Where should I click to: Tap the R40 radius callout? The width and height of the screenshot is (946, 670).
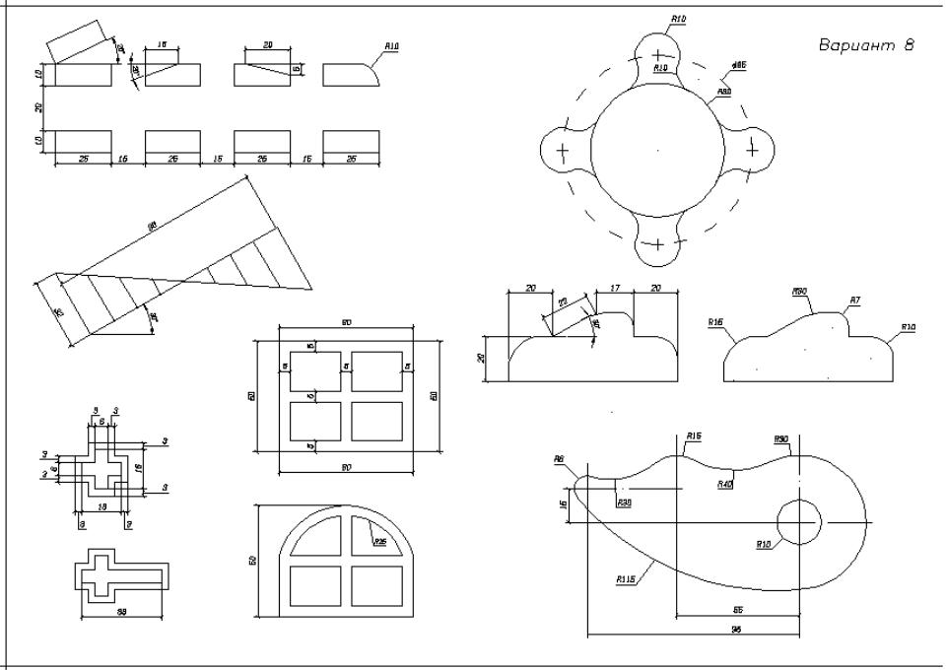coord(725,483)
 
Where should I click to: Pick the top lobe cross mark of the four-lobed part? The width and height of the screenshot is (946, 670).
coord(657,53)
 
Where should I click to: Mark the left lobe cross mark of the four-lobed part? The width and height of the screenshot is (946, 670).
coord(563,151)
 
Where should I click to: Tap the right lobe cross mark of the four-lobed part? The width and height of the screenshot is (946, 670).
coord(753,150)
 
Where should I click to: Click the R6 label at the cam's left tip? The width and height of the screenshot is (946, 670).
coord(559,458)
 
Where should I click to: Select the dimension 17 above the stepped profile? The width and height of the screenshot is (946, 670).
coord(616,289)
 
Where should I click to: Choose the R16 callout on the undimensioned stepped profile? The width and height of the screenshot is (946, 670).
coord(715,322)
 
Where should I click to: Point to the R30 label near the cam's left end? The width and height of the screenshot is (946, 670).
coord(624,502)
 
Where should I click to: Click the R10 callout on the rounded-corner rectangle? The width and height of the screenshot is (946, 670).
coord(391,46)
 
